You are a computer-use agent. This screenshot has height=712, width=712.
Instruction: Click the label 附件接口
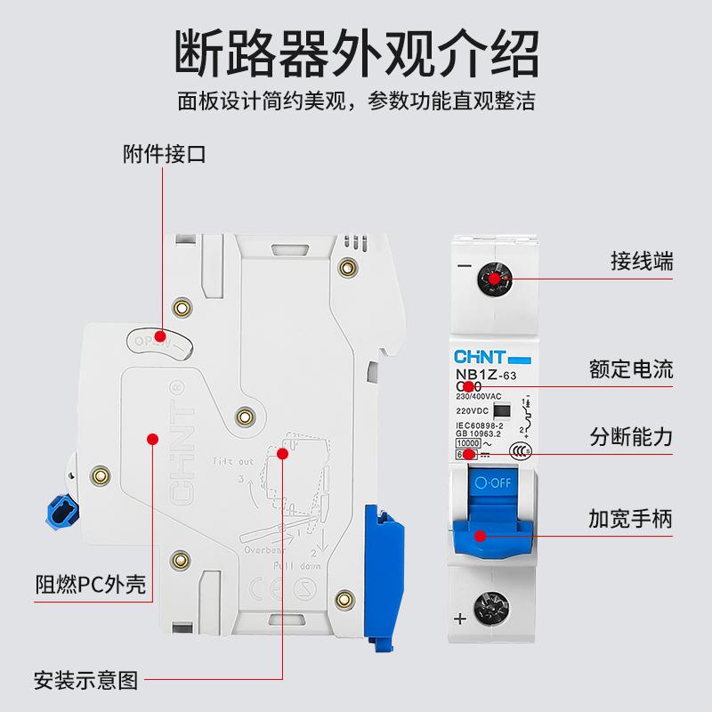(x=164, y=153)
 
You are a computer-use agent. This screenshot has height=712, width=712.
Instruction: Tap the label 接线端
(x=642, y=262)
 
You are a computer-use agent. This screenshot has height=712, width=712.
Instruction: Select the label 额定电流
(x=631, y=368)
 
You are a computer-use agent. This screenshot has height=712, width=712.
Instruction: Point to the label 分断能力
(x=631, y=438)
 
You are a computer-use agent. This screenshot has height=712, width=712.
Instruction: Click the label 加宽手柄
(x=631, y=517)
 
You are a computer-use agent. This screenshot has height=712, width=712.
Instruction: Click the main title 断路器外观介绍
(x=355, y=53)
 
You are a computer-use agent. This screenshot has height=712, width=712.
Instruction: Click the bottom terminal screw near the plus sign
(x=490, y=612)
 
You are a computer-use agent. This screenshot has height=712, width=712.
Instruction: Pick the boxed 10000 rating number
(x=468, y=442)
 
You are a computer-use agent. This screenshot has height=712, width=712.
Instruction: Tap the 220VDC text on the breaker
(x=471, y=412)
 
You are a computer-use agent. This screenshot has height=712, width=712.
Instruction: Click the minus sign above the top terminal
(x=462, y=266)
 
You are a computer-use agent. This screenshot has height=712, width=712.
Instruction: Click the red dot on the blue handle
(x=480, y=535)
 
